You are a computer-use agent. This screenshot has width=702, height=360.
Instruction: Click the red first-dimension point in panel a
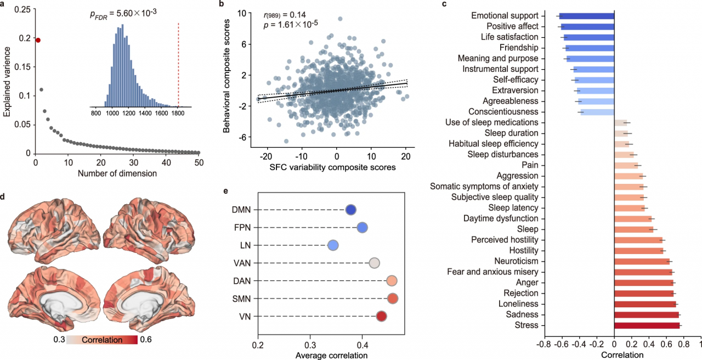pos(38,40)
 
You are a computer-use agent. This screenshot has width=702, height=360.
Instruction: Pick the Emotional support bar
pos(585,16)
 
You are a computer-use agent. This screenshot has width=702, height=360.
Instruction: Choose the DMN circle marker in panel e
pos(351,210)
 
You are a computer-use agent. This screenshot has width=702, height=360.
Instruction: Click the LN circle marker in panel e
pos(333,245)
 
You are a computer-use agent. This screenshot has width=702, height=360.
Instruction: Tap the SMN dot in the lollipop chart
pos(393,299)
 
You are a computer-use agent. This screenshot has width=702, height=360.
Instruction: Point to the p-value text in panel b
pos(291,24)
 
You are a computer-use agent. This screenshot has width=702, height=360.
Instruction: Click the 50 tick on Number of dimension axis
pos(199,163)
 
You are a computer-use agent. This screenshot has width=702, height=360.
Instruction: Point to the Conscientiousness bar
pos(597,112)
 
